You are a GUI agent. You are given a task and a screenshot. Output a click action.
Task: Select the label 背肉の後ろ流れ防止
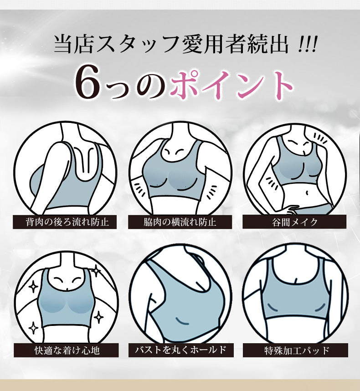tap(64, 222)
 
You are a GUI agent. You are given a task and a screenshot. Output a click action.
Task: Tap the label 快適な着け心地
tap(67, 350)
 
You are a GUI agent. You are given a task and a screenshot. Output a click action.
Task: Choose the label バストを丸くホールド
tap(180, 350)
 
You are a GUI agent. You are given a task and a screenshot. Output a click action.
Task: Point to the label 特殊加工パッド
tap(296, 350)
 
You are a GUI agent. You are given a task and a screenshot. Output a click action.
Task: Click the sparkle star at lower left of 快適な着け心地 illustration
tap(33, 327)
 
